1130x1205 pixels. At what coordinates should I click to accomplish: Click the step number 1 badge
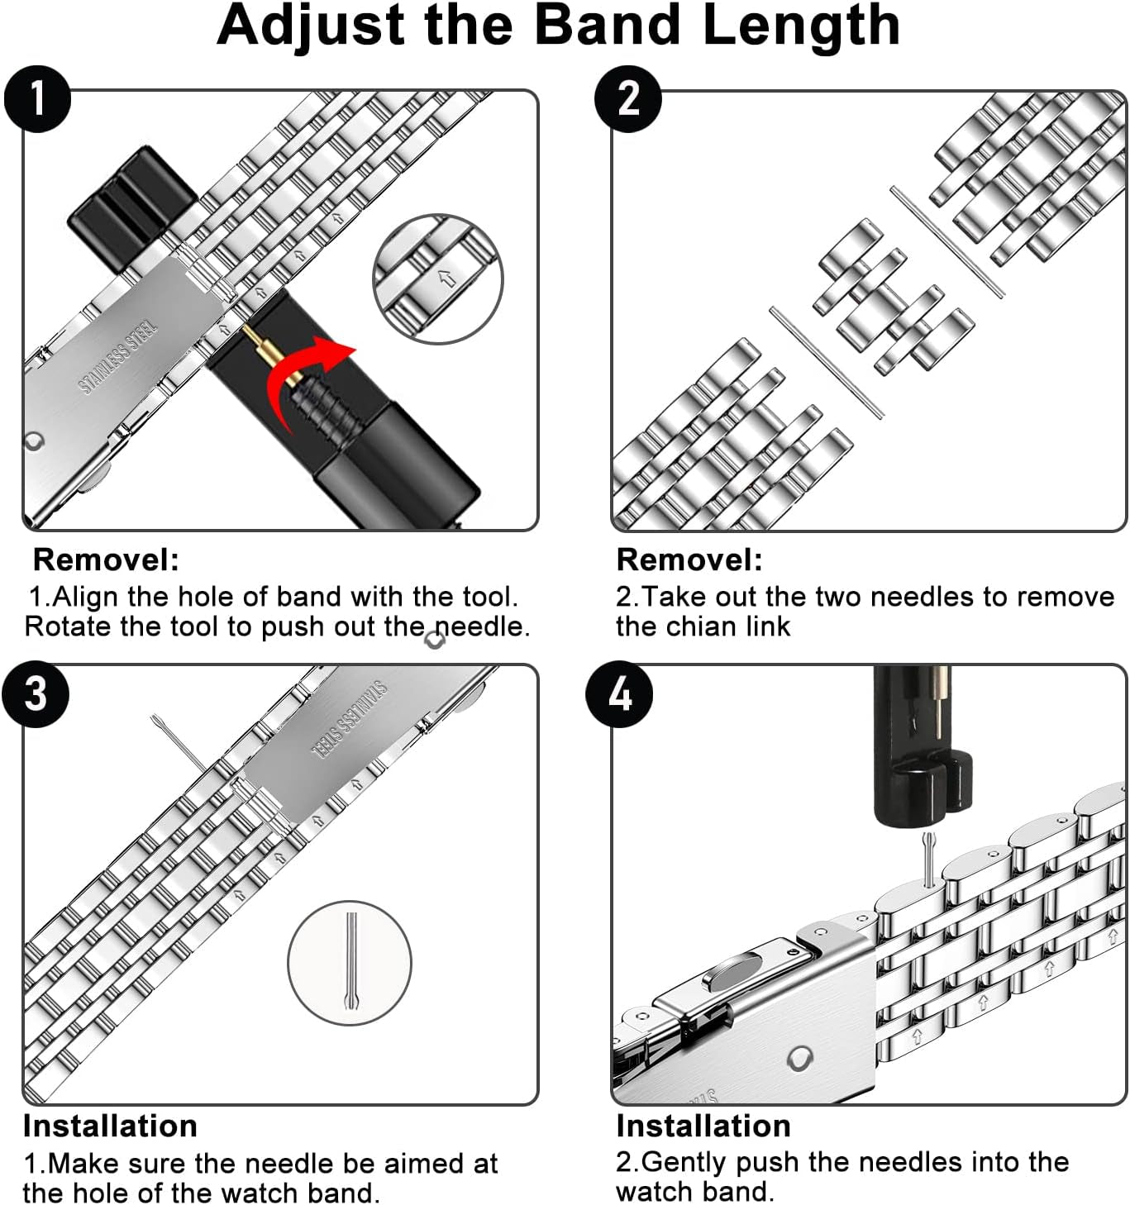[37, 98]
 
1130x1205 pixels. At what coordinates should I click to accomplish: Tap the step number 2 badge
[628, 98]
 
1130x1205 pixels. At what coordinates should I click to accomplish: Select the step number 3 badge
[36, 693]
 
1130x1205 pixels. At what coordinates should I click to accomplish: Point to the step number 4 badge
[619, 693]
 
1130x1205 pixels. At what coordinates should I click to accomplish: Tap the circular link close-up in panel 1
[437, 279]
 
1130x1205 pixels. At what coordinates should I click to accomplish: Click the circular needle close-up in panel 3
[350, 963]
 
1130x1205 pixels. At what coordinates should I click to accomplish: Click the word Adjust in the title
[311, 26]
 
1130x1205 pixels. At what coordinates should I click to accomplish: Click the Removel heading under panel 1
[106, 560]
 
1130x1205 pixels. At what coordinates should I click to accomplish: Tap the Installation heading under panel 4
[703, 1126]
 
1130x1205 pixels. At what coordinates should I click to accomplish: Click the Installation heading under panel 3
[110, 1126]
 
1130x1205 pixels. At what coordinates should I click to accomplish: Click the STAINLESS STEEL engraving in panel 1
[117, 357]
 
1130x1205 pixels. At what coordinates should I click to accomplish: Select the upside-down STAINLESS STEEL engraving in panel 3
[349, 720]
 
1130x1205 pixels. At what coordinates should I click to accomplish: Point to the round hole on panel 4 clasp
[799, 1058]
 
